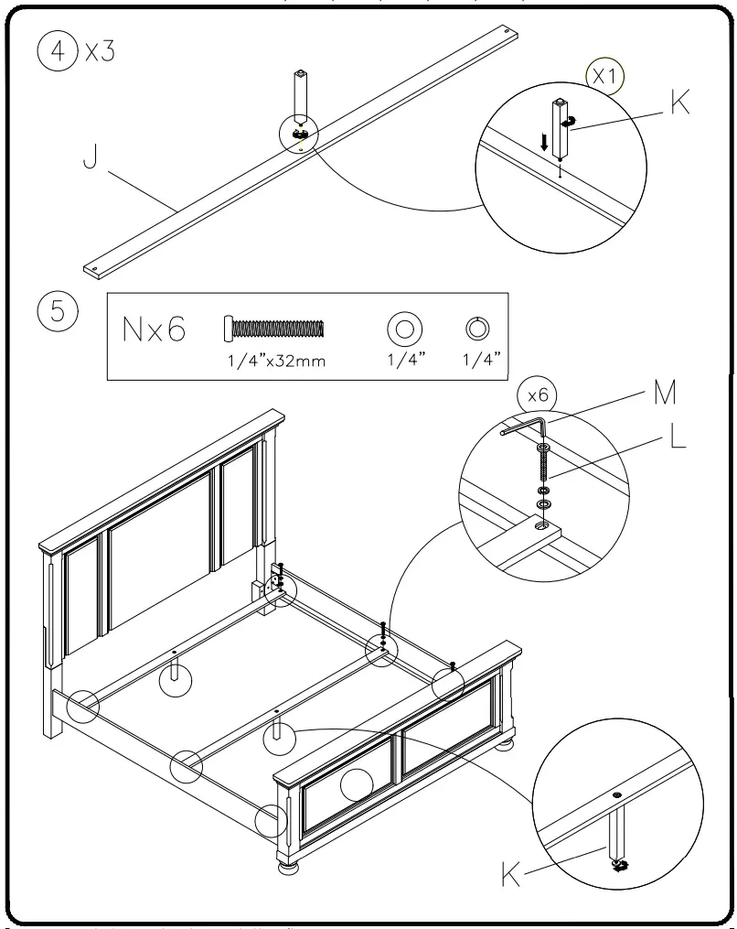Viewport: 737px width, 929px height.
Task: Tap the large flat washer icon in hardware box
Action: (x=404, y=328)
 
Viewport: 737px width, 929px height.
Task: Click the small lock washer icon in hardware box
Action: (x=475, y=327)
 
